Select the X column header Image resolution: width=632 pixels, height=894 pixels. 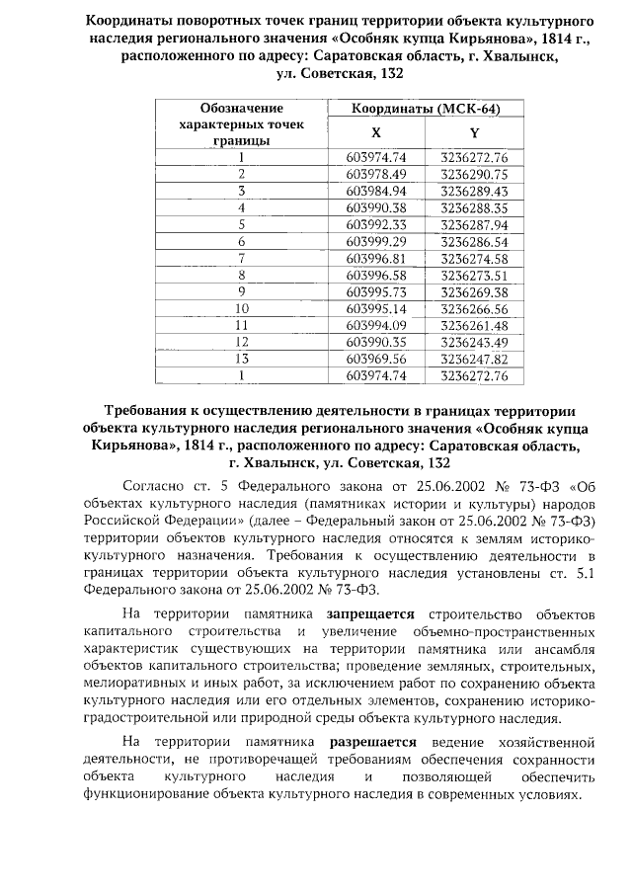(x=375, y=132)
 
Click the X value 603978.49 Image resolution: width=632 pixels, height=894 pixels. (x=376, y=174)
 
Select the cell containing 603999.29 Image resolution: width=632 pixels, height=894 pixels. (x=376, y=241)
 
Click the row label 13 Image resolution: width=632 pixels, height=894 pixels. (x=241, y=359)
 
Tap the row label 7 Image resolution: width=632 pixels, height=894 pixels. (x=241, y=258)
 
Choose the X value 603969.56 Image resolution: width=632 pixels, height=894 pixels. (x=376, y=359)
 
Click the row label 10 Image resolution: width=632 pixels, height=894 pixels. (x=241, y=308)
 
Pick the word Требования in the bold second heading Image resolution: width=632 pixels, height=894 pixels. (x=154, y=410)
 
